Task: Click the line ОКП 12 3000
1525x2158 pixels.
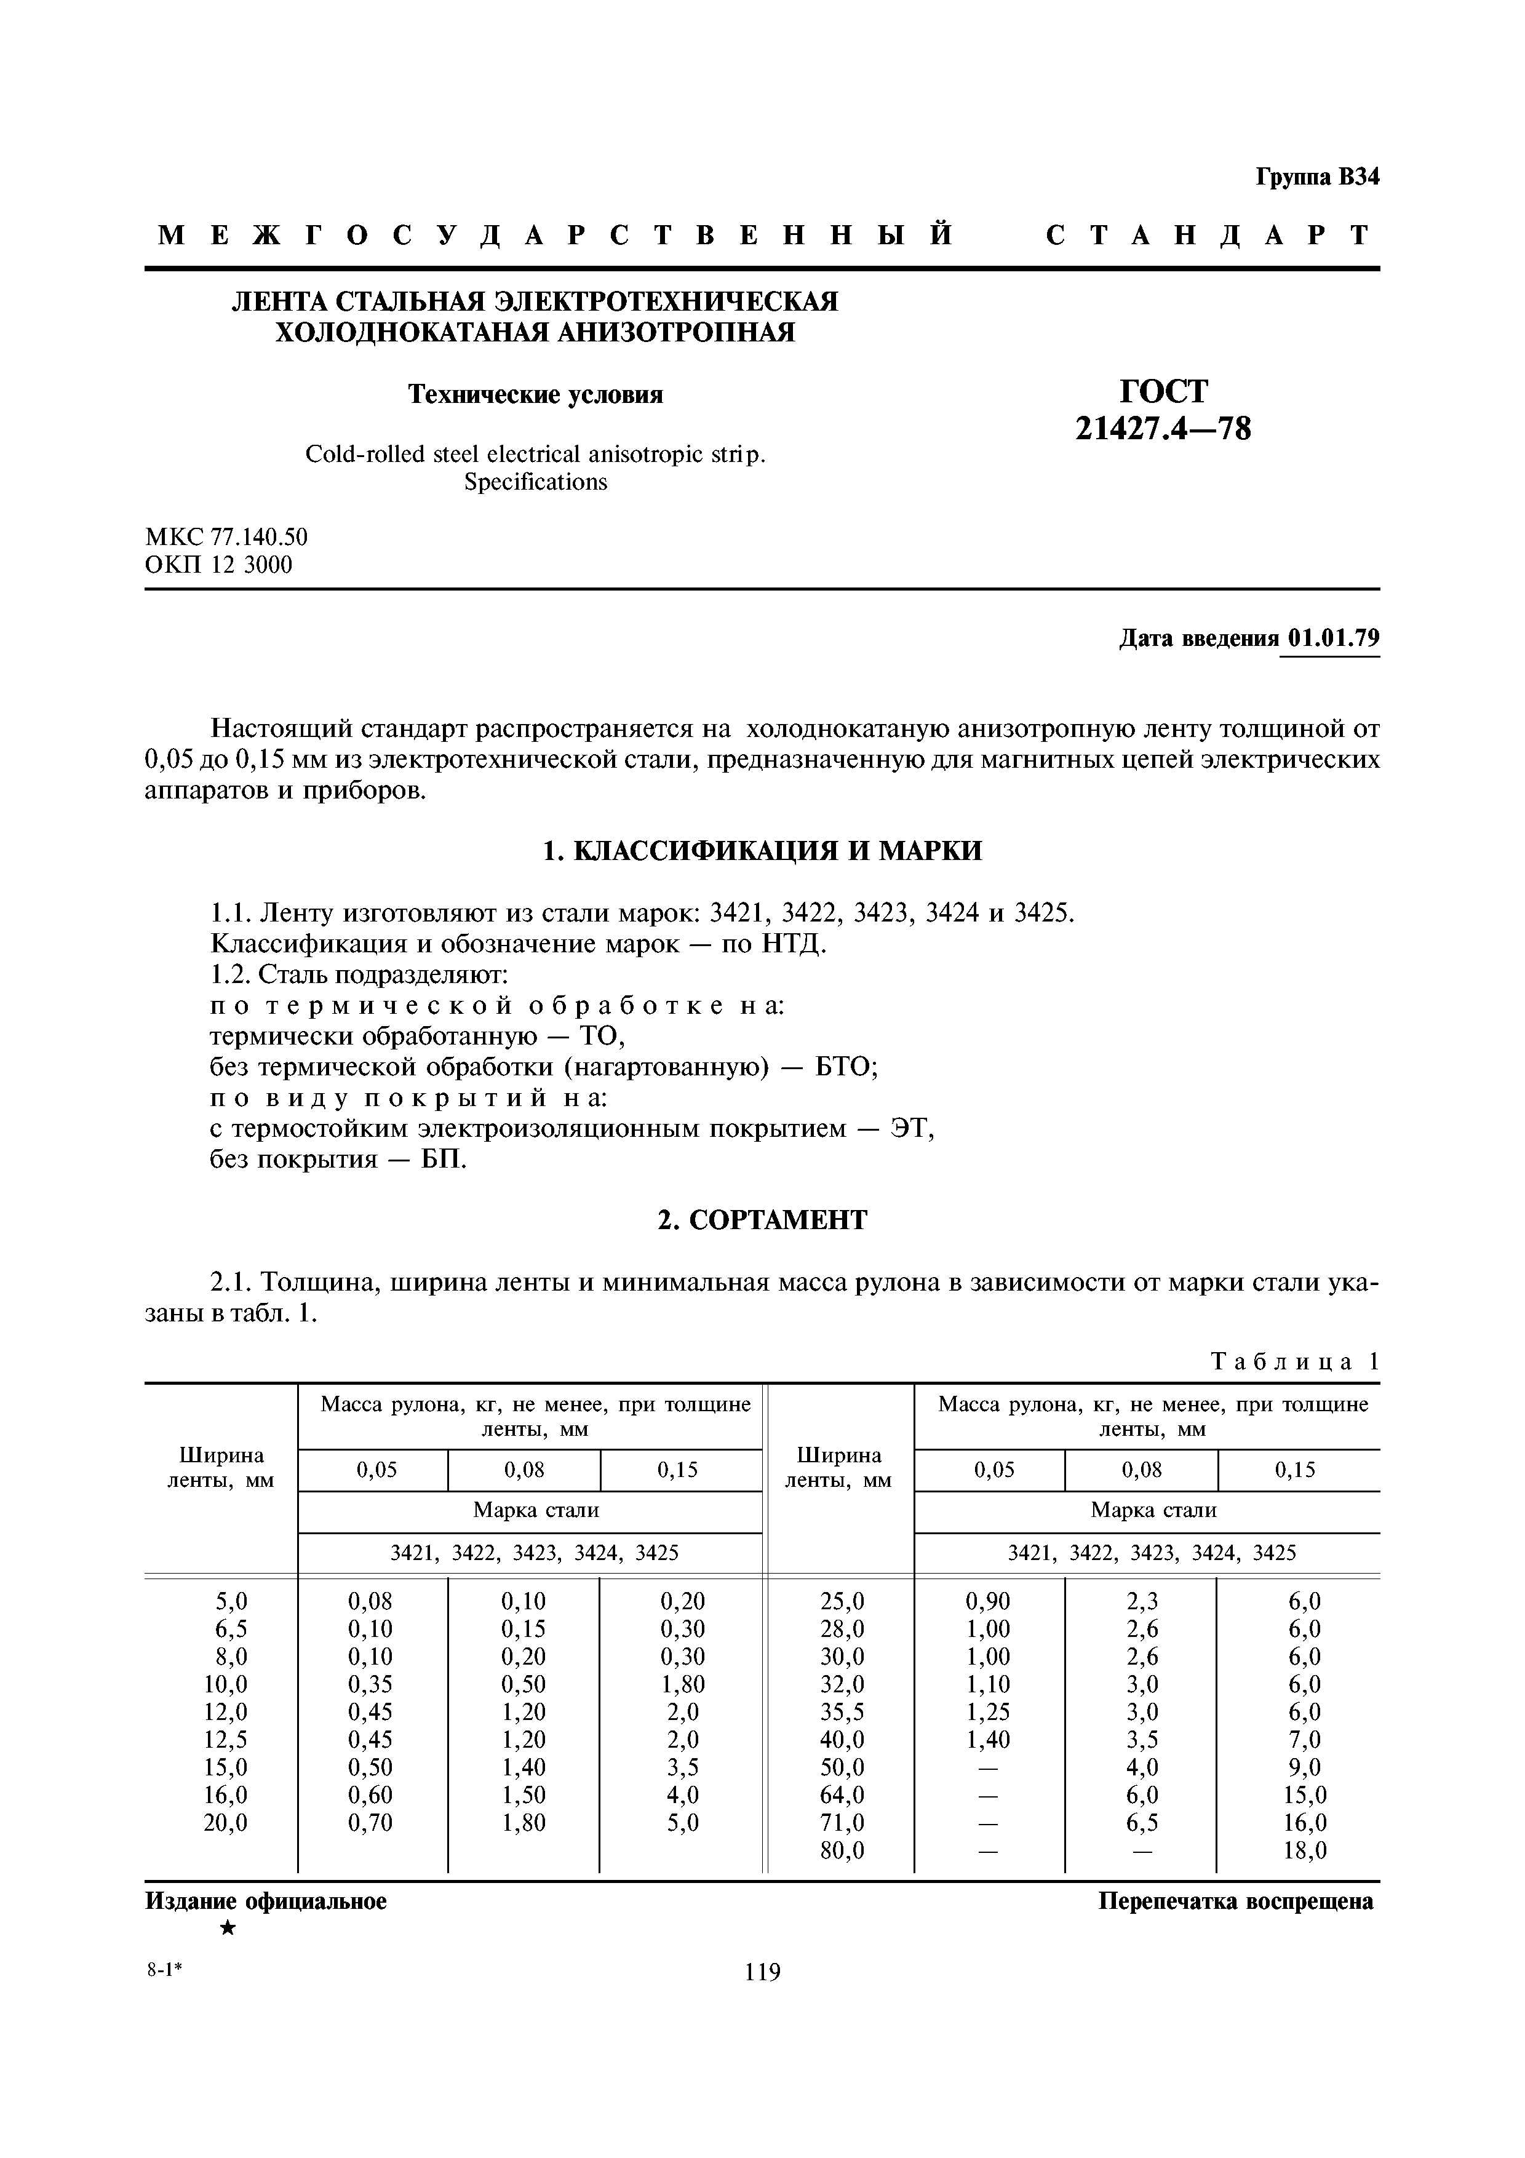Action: (x=219, y=565)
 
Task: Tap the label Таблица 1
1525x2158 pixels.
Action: (x=1295, y=1362)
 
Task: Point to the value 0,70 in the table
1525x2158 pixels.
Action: (x=370, y=1823)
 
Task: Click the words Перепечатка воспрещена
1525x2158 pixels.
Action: (x=1236, y=1902)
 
